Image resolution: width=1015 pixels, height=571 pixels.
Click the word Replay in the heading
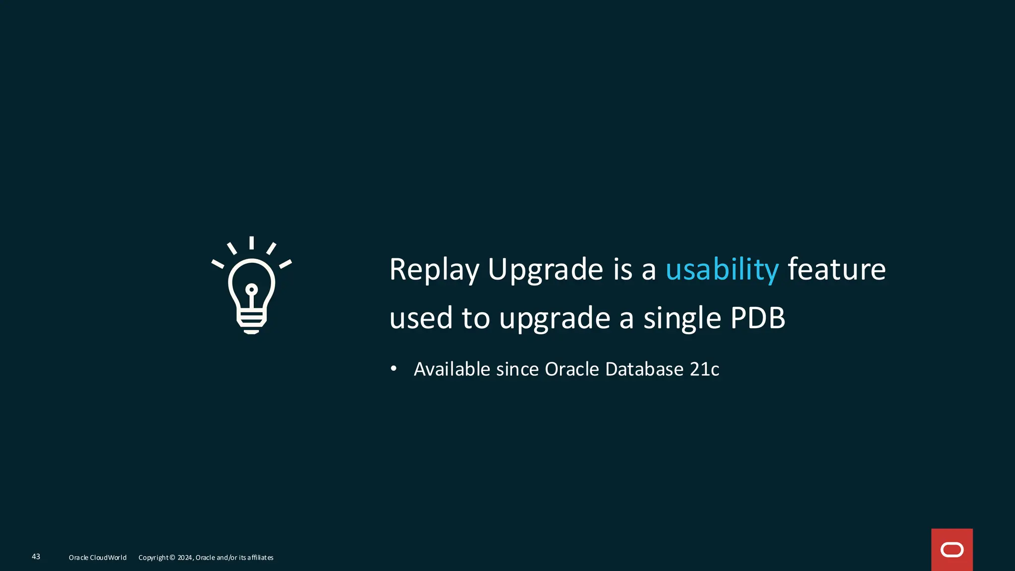(434, 270)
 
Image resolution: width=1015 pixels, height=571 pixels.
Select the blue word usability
(722, 270)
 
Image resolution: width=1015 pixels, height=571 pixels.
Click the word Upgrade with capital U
(545, 270)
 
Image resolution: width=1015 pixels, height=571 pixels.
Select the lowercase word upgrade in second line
(555, 319)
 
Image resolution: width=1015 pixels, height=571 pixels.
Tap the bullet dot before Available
(394, 368)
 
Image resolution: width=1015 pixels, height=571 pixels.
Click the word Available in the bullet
(452, 369)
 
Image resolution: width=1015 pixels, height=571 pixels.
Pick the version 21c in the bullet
(704, 369)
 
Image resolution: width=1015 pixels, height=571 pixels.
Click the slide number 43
(36, 557)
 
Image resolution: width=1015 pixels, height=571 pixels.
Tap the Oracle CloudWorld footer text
(98, 558)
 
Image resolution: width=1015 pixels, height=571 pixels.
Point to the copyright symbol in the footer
(172, 558)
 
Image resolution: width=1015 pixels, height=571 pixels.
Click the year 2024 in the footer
(185, 558)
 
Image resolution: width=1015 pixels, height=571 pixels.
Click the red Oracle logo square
(952, 550)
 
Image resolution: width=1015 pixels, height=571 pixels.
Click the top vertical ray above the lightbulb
(252, 242)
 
